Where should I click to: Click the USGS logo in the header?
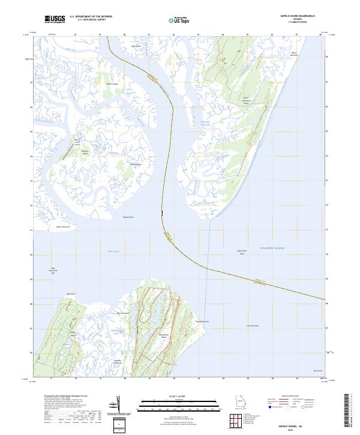55,19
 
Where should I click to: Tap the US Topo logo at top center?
178,20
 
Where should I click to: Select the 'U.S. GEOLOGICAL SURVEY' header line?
91,20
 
